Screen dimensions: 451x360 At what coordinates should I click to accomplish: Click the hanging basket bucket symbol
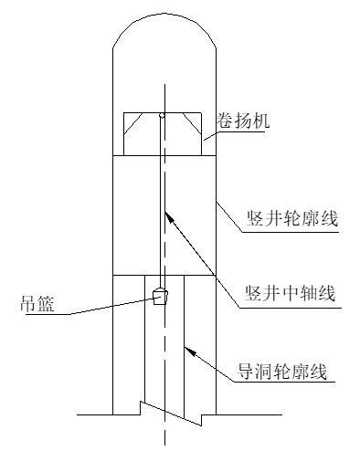click(x=160, y=296)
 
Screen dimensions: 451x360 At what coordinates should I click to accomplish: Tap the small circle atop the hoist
click(x=161, y=115)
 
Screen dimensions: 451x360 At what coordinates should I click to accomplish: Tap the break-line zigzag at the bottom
click(x=170, y=413)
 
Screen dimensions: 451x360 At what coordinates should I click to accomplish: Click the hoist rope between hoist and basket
click(x=161, y=201)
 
